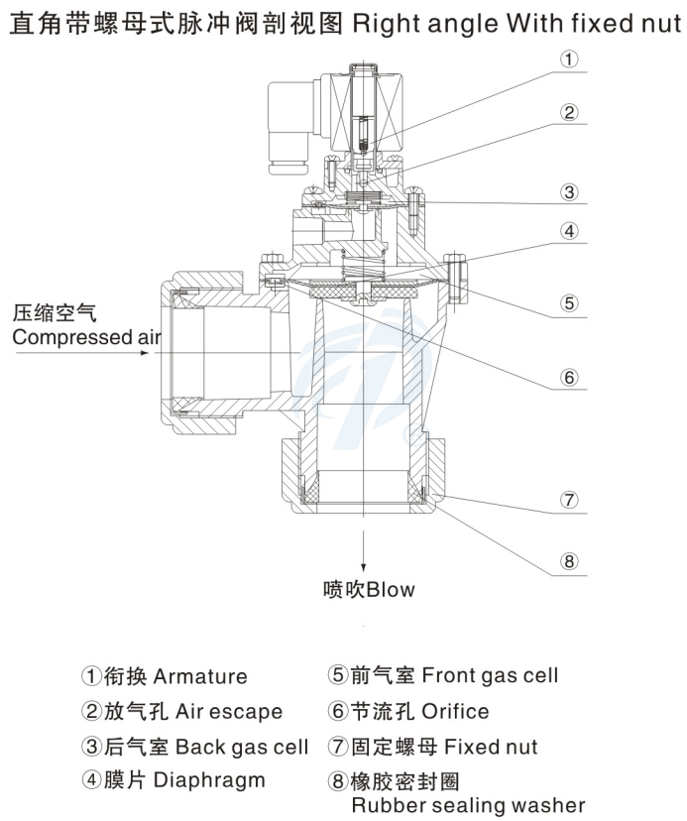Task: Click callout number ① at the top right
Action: (x=568, y=59)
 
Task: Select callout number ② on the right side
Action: (x=568, y=111)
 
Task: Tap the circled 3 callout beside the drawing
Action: (x=568, y=191)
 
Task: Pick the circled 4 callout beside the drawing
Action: (x=568, y=231)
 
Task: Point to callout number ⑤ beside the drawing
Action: (x=568, y=303)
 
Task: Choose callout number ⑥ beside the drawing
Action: (x=568, y=377)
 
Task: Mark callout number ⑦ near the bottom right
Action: (x=568, y=500)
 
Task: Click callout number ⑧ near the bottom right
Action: (x=568, y=561)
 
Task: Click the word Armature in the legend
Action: (x=200, y=677)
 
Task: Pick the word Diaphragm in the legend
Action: (x=209, y=780)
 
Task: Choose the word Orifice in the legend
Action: (x=455, y=712)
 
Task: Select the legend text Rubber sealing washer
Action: (x=468, y=804)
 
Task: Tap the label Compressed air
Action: (x=85, y=337)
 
